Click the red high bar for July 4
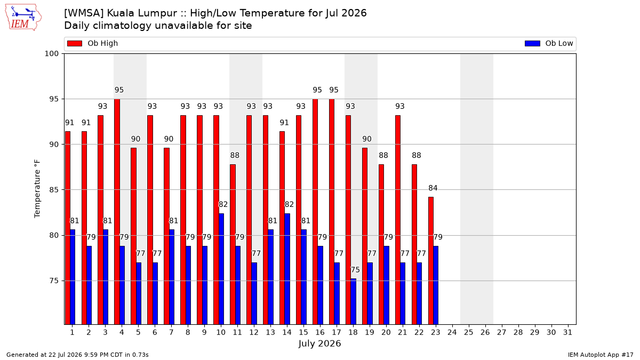117,212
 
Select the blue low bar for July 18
354,302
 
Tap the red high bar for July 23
431,261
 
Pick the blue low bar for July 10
221,269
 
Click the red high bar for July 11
233,245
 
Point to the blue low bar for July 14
287,269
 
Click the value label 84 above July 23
433,188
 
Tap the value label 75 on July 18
355,270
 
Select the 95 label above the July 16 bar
317,90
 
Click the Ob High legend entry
93,43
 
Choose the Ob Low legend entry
549,43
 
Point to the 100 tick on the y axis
51,54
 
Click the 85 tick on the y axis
54,190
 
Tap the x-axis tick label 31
567,332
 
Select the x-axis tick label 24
452,332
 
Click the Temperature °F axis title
37,189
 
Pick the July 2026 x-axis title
319,343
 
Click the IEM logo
23,18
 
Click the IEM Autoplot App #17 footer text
601,355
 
